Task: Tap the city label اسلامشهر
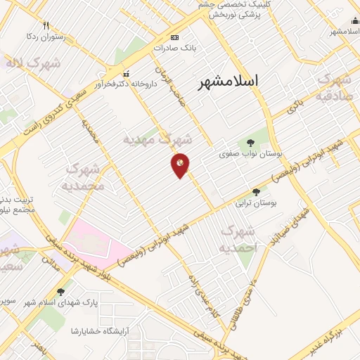coord(229,81)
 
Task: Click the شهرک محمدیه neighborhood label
coord(85,177)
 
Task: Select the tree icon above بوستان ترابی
coord(255,191)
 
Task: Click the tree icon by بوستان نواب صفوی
coord(251,141)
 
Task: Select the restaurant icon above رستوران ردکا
coord(46,26)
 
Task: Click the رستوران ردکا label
coord(46,37)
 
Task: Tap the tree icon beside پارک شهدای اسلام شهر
coord(60,291)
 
